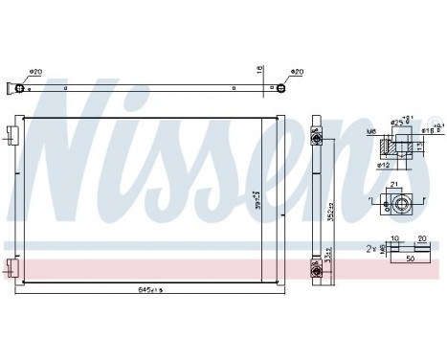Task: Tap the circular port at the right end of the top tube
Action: [x=279, y=90]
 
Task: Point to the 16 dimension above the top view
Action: [x=258, y=70]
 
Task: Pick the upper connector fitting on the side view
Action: [x=316, y=140]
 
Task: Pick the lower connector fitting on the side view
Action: [x=316, y=268]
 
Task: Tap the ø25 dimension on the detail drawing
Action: [x=398, y=123]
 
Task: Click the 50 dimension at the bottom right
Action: [x=409, y=259]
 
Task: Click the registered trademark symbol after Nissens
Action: [x=436, y=122]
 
